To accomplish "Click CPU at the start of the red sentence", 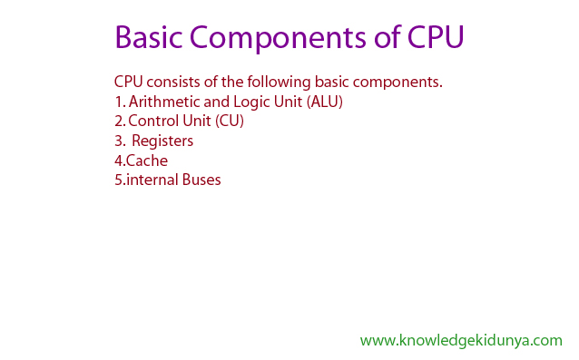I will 128,82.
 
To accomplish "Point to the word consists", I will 173,82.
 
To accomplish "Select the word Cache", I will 147,161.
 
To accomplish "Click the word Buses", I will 201,180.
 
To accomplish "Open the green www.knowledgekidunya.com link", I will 461,340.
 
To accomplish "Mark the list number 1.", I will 119,102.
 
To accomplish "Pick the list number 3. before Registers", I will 120,141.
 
